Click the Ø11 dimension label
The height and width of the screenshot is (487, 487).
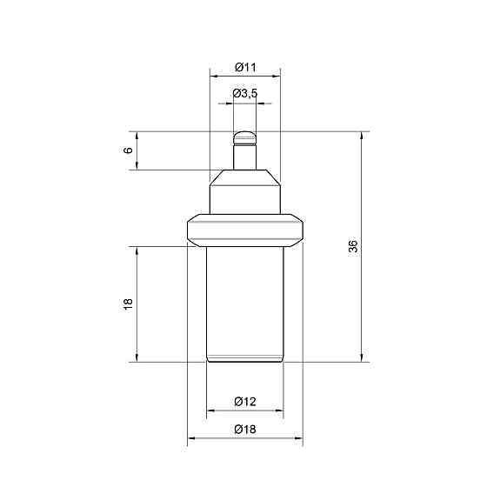(x=245, y=67)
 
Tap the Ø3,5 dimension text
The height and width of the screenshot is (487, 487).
(x=245, y=93)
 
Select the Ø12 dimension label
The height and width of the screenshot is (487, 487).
(x=245, y=402)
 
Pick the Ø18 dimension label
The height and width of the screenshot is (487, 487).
(x=245, y=430)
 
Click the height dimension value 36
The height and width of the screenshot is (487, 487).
(x=353, y=246)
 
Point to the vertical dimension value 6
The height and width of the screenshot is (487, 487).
(x=128, y=150)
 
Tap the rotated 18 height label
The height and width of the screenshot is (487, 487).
(x=128, y=304)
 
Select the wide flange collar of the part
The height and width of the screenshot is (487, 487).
(x=245, y=230)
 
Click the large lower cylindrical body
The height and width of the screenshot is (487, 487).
(x=245, y=304)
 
